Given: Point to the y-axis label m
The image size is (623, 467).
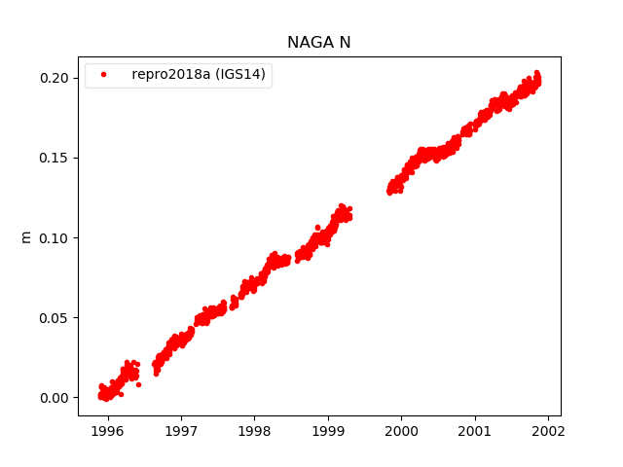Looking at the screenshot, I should point(26,236).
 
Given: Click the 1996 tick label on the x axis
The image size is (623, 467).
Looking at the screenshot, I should point(107,429).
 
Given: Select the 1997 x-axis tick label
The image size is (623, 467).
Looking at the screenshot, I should point(181,429).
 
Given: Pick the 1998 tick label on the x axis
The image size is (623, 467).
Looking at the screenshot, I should point(254,429).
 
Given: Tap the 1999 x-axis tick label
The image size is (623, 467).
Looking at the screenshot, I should point(328,429).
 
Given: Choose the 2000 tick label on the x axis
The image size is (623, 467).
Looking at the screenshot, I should point(401,429).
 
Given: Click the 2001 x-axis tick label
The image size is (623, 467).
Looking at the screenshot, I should point(475,429).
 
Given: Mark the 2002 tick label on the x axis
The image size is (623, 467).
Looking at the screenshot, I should point(548,429).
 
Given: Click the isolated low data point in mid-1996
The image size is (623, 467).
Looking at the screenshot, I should point(138,384).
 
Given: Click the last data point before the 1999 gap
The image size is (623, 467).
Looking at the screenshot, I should point(349,208).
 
